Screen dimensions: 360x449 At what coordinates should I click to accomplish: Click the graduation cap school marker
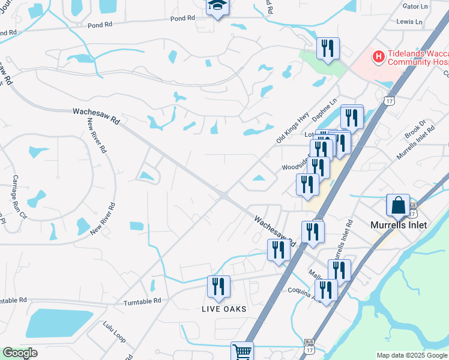coord(216,7)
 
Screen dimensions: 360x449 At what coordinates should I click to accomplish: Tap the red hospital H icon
coord(379,57)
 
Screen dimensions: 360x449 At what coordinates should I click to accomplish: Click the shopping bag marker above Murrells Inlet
coord(398,206)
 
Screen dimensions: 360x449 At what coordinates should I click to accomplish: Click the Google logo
coord(19,353)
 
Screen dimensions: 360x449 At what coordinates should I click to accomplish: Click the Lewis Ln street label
coord(409,21)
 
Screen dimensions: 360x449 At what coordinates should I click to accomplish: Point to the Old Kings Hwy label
coord(291,130)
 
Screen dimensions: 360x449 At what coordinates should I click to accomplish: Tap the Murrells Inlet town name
coord(398,225)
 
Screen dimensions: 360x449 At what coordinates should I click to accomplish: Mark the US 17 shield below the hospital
coord(390,103)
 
